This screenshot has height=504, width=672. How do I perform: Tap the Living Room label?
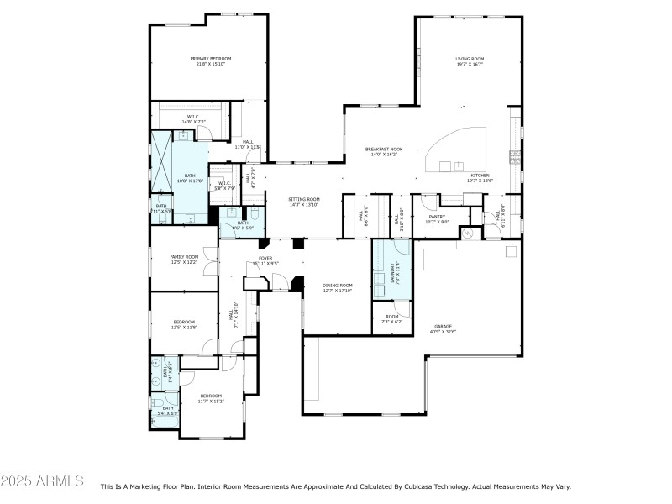click(x=470, y=61)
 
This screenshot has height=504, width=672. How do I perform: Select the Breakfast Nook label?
click(x=382, y=152)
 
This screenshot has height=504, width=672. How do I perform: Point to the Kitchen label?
click(x=480, y=177)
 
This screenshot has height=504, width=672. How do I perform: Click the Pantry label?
click(x=438, y=218)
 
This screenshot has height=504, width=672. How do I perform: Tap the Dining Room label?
click(x=338, y=288)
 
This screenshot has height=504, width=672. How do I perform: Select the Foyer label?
click(x=265, y=260)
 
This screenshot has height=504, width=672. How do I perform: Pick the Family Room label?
click(x=184, y=259)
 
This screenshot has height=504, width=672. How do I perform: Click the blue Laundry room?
click(x=391, y=269)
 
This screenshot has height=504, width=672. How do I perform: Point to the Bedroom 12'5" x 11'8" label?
click(x=184, y=324)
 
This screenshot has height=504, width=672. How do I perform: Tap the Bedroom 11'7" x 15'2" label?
click(x=211, y=398)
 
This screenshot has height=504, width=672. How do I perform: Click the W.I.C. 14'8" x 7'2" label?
click(x=192, y=119)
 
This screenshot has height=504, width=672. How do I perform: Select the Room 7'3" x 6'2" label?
click(x=392, y=319)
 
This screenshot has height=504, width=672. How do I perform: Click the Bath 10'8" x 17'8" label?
click(x=190, y=178)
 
